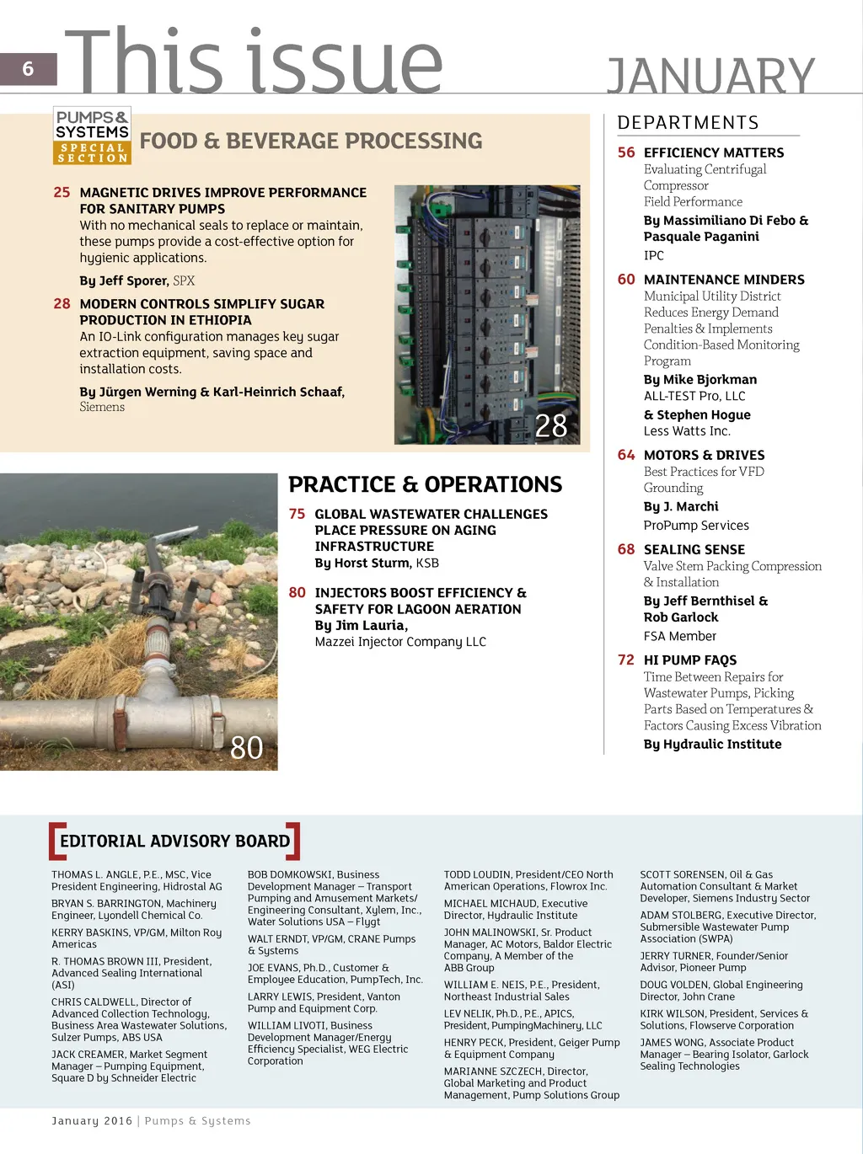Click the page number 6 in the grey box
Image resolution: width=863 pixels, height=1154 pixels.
(x=28, y=69)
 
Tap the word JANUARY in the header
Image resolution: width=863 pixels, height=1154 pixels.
(x=710, y=77)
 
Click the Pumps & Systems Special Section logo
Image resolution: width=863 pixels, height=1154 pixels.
(x=92, y=136)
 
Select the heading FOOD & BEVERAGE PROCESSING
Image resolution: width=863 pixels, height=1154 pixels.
(x=311, y=141)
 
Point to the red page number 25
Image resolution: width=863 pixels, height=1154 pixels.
(x=62, y=192)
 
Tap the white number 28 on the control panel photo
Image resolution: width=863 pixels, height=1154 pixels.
(x=551, y=425)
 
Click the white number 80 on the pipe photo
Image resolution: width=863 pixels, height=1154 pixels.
(x=246, y=747)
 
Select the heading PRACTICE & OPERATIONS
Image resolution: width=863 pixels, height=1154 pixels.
(x=425, y=484)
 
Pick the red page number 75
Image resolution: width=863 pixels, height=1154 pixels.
(x=297, y=514)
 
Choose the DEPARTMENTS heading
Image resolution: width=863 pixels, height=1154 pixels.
(x=688, y=123)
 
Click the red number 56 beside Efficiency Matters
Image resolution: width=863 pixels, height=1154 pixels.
(x=626, y=152)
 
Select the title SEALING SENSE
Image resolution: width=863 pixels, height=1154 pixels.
(x=694, y=549)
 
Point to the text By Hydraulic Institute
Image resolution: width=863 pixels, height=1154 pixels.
(x=712, y=744)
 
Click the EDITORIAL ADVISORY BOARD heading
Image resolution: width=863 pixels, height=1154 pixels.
(x=174, y=841)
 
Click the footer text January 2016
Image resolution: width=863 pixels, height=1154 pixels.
(x=92, y=1120)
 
